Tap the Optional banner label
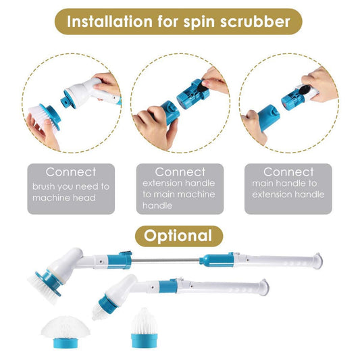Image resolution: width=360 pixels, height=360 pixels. click(x=179, y=236)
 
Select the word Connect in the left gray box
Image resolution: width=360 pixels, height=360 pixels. click(x=70, y=172)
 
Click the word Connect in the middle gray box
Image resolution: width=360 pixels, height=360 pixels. click(x=180, y=172)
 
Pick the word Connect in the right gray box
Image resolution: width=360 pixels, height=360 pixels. click(x=288, y=172)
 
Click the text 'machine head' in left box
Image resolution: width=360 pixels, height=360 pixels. click(x=63, y=198)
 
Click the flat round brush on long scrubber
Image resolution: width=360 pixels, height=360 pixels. click(x=47, y=278)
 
